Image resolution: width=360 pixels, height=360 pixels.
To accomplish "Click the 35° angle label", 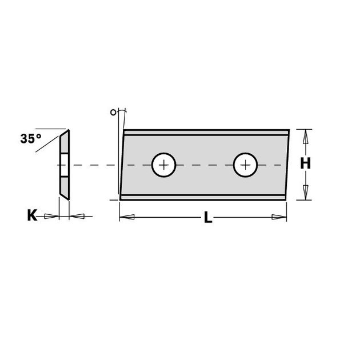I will [x=31, y=138].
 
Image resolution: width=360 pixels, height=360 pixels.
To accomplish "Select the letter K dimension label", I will [x=32, y=215].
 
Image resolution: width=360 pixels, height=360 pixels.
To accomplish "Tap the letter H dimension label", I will [x=306, y=163].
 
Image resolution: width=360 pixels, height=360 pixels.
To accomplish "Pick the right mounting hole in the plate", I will [x=246, y=165].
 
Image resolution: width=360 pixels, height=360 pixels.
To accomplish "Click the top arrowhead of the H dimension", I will [x=306, y=136].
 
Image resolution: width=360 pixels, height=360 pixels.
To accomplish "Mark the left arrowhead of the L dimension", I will [x=127, y=217].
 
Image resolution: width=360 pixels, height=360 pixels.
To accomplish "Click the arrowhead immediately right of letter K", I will [x=51, y=216].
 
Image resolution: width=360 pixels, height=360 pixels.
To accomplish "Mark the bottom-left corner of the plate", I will [x=121, y=199].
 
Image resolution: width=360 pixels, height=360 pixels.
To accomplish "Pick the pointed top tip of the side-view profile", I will [x=67, y=131].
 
